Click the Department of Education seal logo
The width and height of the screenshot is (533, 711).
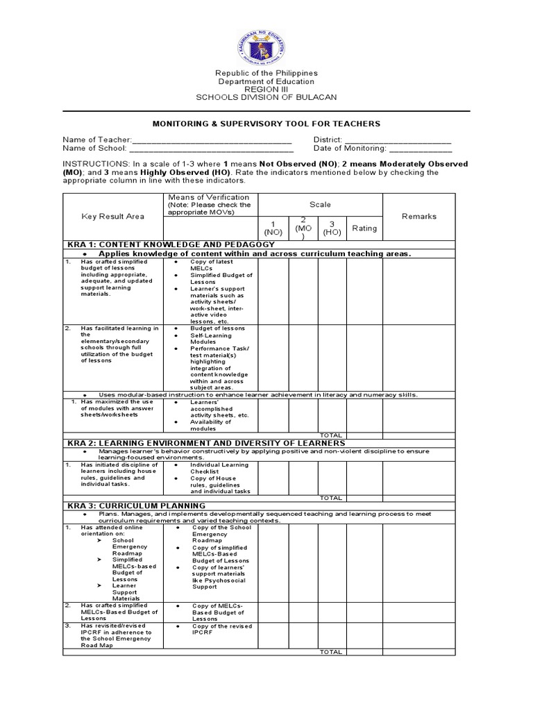click(x=266, y=44)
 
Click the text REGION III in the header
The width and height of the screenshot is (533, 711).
click(x=266, y=90)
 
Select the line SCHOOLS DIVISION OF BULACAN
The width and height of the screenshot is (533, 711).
click(x=266, y=98)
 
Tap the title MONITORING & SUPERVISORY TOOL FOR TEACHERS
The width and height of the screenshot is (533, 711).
click(x=266, y=124)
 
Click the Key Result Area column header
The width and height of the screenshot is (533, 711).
click(x=113, y=217)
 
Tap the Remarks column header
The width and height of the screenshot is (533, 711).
click(x=419, y=217)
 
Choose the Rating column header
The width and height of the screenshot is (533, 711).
click(x=364, y=228)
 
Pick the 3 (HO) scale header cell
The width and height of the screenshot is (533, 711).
click(x=332, y=228)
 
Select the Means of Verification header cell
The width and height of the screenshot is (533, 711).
click(x=209, y=205)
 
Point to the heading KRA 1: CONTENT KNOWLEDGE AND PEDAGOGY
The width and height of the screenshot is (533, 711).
click(x=171, y=245)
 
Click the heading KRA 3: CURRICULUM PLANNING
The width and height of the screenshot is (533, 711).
click(x=136, y=505)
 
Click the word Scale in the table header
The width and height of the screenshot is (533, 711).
click(x=321, y=205)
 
